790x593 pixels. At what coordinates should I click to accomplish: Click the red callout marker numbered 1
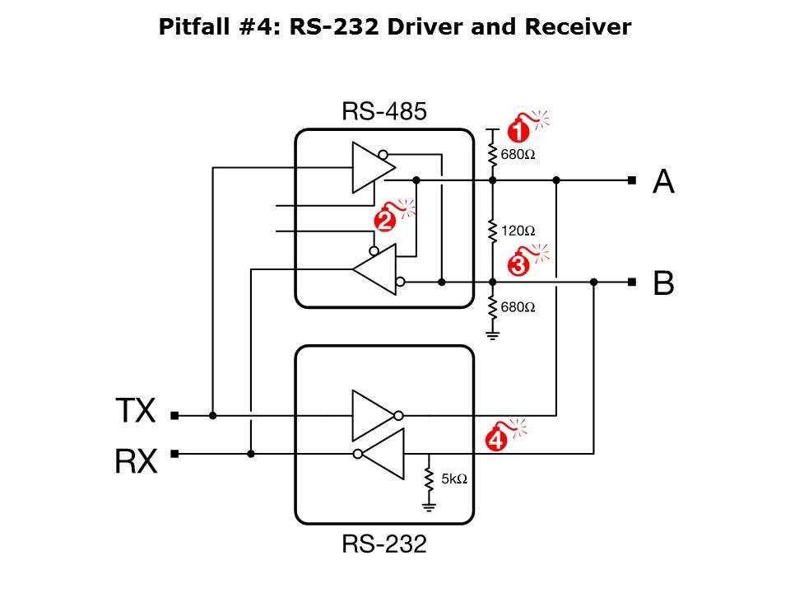pyautogui.click(x=517, y=130)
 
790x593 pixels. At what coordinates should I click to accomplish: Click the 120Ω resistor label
pyautogui.click(x=518, y=231)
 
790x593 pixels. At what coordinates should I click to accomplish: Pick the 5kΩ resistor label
pyautogui.click(x=454, y=479)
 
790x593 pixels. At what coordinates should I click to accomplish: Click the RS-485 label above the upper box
pyautogui.click(x=384, y=111)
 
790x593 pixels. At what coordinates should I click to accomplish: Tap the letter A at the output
pyautogui.click(x=663, y=181)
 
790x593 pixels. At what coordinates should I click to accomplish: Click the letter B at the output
pyautogui.click(x=663, y=283)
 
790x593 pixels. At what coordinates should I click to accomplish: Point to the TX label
pyautogui.click(x=135, y=410)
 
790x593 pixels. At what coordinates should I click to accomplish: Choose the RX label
pyautogui.click(x=136, y=461)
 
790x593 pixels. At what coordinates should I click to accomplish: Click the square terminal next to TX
pyautogui.click(x=174, y=416)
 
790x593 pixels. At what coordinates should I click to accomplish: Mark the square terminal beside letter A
pyautogui.click(x=631, y=180)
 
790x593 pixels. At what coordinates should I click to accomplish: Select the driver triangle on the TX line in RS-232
pyautogui.click(x=373, y=415)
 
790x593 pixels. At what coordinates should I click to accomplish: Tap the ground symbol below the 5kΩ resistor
pyautogui.click(x=429, y=505)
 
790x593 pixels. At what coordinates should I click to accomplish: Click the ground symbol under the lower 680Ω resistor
pyautogui.click(x=492, y=334)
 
